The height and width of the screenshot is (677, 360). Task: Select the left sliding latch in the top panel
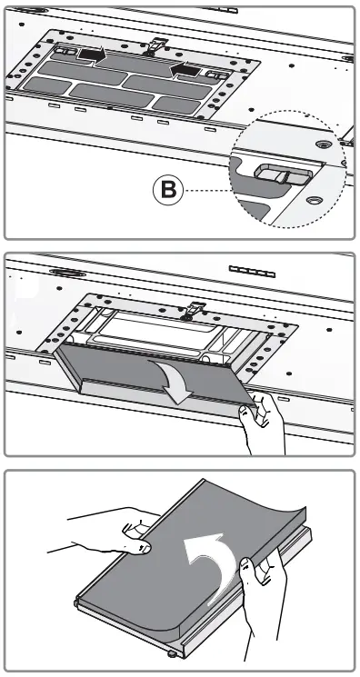tap(65, 52)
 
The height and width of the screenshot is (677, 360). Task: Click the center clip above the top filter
tap(157, 45)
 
